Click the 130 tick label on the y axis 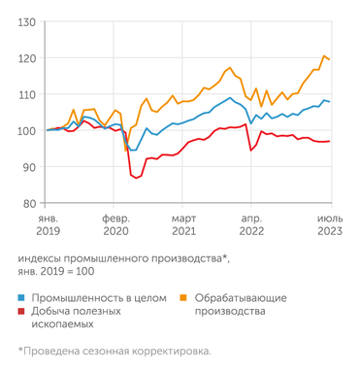[27, 21]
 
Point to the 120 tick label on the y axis [27, 58]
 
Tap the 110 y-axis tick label [27, 94]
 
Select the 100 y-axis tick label [27, 130]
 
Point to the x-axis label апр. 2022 [250, 226]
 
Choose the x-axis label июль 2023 [327, 226]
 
